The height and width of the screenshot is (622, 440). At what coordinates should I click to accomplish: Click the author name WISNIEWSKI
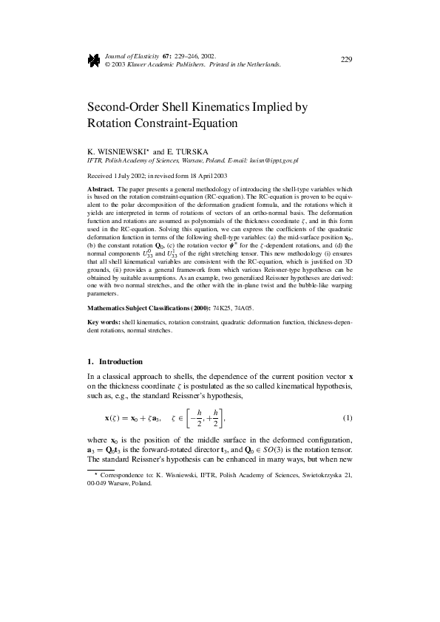(123, 151)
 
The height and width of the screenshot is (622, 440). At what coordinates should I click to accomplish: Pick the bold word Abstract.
(101, 189)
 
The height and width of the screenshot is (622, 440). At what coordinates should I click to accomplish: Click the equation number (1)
(347, 419)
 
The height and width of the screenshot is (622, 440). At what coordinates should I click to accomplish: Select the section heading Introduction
(123, 362)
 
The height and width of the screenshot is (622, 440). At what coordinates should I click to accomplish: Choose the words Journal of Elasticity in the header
(126, 55)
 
